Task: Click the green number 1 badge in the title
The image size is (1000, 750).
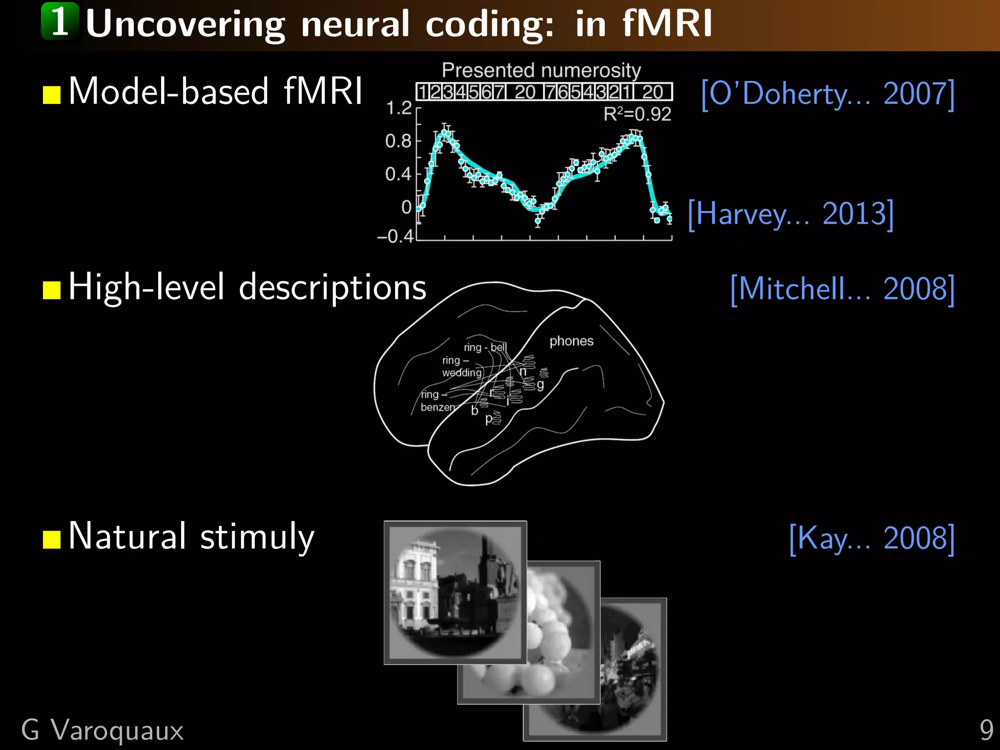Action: point(60,21)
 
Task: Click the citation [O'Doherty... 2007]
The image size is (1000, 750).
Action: point(827,94)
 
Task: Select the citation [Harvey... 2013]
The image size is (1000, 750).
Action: point(791,214)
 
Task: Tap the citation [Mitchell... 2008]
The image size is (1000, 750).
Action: point(842,289)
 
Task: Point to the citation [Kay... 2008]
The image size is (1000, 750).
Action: point(872,538)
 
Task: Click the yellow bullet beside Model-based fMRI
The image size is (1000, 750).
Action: point(51,95)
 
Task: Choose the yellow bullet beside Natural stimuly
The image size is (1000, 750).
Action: point(51,540)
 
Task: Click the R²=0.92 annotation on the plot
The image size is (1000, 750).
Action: point(637,114)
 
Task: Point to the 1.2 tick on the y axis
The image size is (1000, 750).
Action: point(399,108)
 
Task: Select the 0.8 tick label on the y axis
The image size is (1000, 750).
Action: point(398,141)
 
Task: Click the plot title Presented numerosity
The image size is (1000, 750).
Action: point(541,70)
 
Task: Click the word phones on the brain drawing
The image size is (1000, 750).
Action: point(571,341)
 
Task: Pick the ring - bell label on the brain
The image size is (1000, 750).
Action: point(485,347)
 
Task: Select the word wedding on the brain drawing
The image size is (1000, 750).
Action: point(461,373)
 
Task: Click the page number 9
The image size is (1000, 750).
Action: point(986,730)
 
